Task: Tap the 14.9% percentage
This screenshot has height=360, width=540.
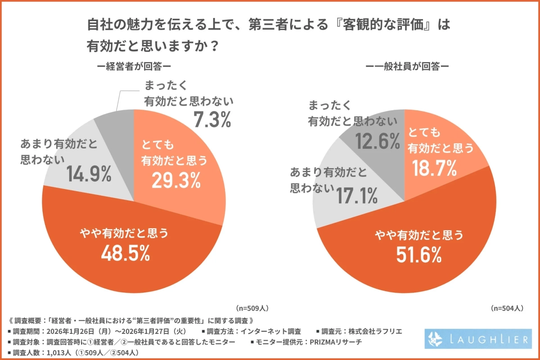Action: pos(89,174)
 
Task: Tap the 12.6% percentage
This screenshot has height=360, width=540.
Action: pos(378,141)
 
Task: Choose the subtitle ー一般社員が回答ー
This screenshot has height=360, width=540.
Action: pos(407,66)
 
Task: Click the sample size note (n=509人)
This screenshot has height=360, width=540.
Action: pos(252,308)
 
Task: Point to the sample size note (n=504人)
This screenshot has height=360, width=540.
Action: pos(507,308)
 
